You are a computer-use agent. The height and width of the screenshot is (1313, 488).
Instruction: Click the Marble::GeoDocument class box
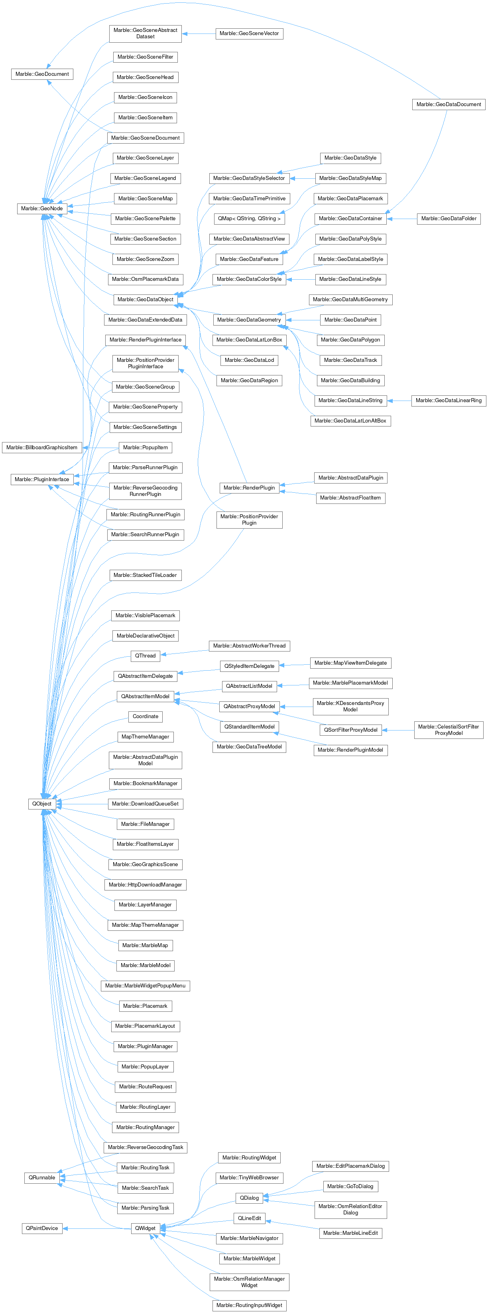click(x=42, y=74)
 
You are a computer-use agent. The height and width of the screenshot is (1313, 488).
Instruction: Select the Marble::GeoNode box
click(x=42, y=209)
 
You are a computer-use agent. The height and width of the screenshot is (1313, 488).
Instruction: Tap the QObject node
click(x=42, y=804)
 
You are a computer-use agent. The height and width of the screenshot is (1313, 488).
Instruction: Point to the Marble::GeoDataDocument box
click(x=448, y=105)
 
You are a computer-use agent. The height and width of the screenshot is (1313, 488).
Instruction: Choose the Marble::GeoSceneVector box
click(x=249, y=34)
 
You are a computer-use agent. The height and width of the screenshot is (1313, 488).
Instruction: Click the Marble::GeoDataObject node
click(x=145, y=299)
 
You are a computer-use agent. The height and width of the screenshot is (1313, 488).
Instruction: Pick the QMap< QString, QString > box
click(x=249, y=219)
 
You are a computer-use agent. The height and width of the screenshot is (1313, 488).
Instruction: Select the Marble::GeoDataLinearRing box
click(x=448, y=401)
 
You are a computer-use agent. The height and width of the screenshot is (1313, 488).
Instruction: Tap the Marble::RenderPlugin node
click(x=249, y=488)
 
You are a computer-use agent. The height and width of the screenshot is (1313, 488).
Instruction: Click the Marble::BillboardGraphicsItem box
click(x=42, y=448)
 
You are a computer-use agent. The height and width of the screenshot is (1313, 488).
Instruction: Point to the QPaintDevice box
click(x=42, y=1228)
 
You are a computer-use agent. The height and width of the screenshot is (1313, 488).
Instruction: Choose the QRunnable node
click(x=42, y=1177)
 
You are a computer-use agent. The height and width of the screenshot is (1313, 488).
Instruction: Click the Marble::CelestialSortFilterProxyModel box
click(x=448, y=730)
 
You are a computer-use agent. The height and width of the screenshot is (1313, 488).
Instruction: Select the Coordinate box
click(x=145, y=717)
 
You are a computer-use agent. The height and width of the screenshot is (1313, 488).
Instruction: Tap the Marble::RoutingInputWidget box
click(x=249, y=1305)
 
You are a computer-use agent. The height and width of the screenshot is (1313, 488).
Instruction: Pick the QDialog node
click(x=249, y=1198)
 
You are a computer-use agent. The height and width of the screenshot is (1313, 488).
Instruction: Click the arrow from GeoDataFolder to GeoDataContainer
click(x=402, y=219)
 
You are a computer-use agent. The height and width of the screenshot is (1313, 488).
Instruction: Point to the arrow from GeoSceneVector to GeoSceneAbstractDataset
click(x=199, y=34)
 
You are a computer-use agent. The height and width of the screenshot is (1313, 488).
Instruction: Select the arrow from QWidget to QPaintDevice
click(x=97, y=1228)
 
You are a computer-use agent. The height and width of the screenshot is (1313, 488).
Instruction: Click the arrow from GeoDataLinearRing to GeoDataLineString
click(x=399, y=401)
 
